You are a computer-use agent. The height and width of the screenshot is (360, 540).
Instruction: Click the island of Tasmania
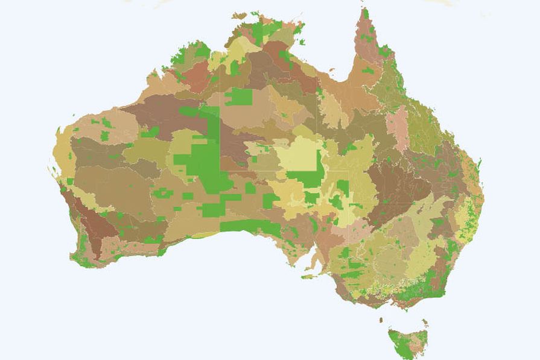tap(407, 344)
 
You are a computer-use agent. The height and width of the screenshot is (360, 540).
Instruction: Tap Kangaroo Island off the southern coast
tap(308, 277)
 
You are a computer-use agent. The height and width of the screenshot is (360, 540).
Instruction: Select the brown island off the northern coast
tap(240, 16)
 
